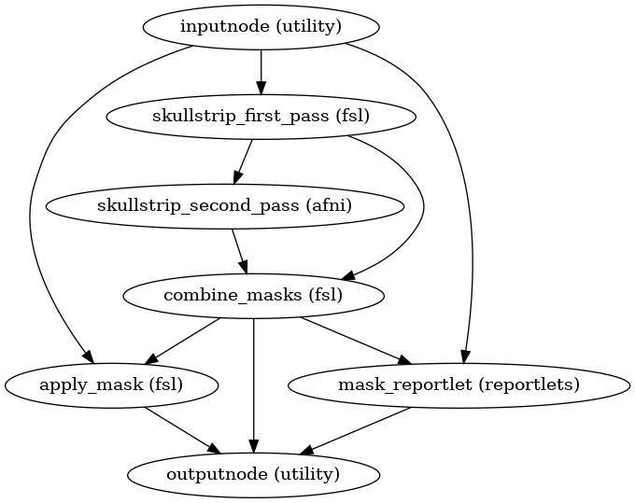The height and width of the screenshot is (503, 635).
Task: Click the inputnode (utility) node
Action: click(x=261, y=27)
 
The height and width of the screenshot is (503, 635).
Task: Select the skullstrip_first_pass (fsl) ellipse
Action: click(x=261, y=117)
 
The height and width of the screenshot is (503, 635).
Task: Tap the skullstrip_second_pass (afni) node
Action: click(x=225, y=206)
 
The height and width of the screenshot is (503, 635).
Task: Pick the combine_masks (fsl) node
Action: click(x=254, y=296)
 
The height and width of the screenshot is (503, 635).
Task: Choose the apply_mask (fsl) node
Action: click(x=112, y=384)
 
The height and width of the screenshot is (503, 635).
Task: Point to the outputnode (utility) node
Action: click(x=254, y=474)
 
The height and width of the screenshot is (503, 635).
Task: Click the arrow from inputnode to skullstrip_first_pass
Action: click(x=261, y=72)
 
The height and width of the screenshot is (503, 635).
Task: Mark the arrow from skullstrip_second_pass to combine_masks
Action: click(x=239, y=250)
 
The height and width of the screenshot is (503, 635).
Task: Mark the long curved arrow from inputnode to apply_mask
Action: click(x=31, y=215)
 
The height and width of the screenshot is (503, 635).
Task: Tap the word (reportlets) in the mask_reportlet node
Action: click(x=537, y=384)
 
